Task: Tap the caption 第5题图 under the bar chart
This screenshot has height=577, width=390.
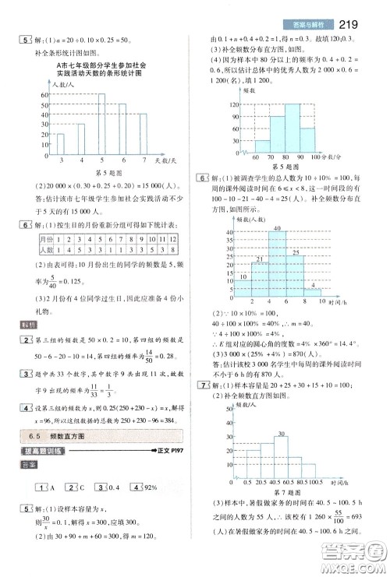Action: click(99, 171)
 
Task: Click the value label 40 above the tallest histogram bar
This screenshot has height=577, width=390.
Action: click(276, 227)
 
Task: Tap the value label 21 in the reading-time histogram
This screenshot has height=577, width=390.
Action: click(259, 258)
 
